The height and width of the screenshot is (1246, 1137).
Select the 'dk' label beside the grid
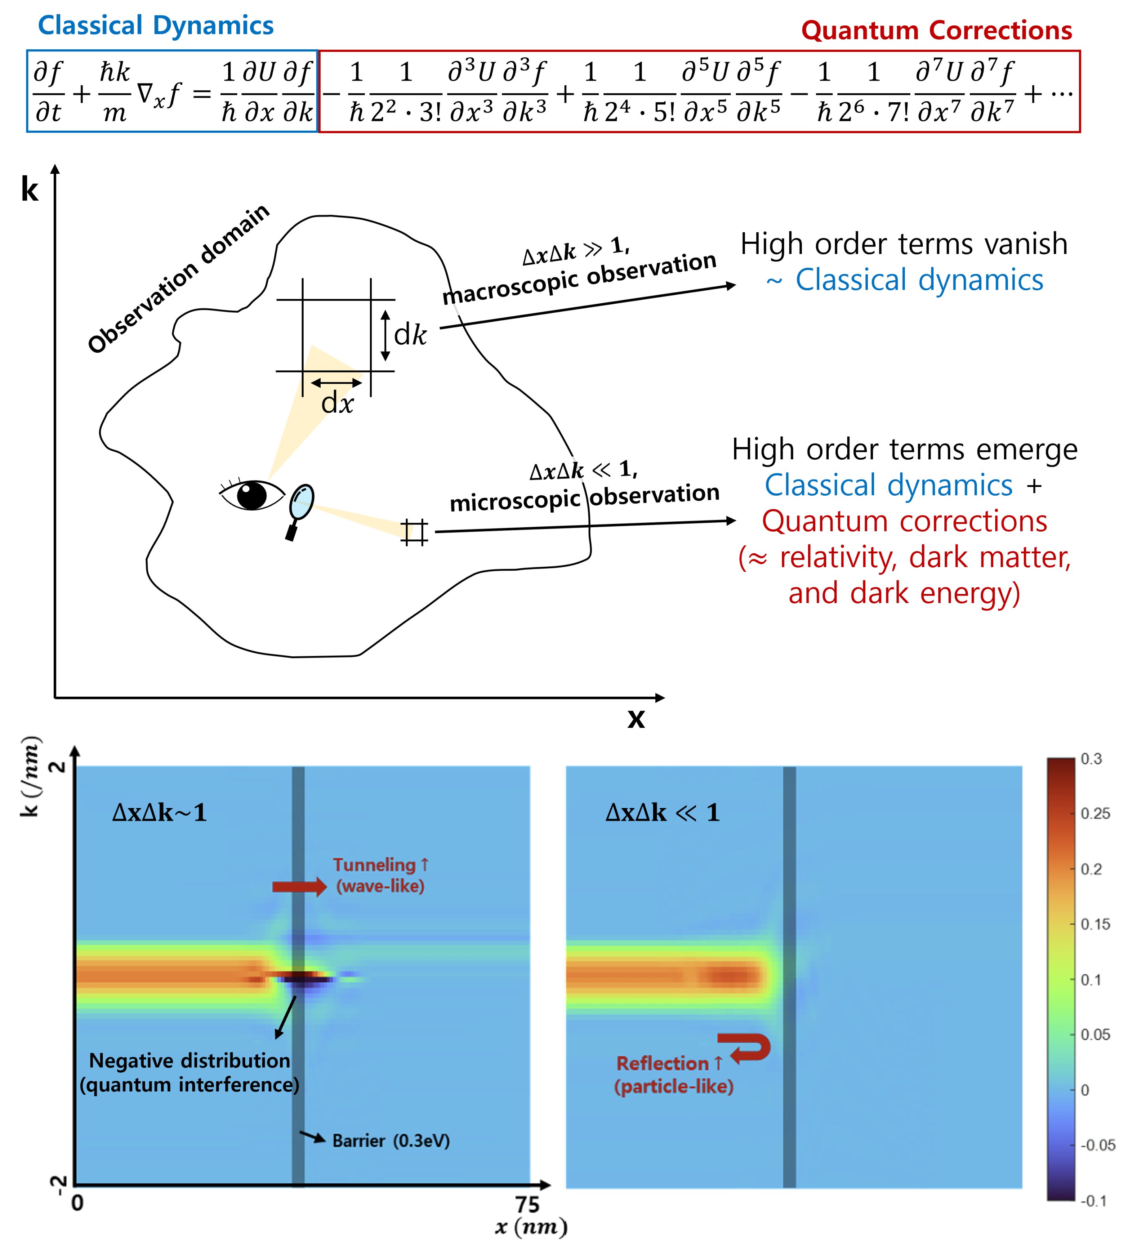tap(410, 335)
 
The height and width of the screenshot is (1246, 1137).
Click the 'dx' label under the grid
tap(338, 404)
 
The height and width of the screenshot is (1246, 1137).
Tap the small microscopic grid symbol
tap(414, 532)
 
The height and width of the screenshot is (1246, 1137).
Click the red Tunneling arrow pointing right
tap(299, 887)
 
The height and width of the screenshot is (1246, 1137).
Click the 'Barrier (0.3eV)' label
tap(390, 1140)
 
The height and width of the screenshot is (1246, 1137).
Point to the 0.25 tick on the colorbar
tap(1096, 814)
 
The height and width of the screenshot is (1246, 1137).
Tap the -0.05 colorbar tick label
tap(1098, 1145)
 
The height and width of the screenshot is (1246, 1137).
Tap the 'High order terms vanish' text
tap(904, 244)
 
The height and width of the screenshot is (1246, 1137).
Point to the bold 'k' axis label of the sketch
tap(30, 189)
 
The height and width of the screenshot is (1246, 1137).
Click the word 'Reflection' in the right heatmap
tap(662, 1064)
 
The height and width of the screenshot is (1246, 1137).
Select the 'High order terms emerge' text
tap(904, 450)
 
